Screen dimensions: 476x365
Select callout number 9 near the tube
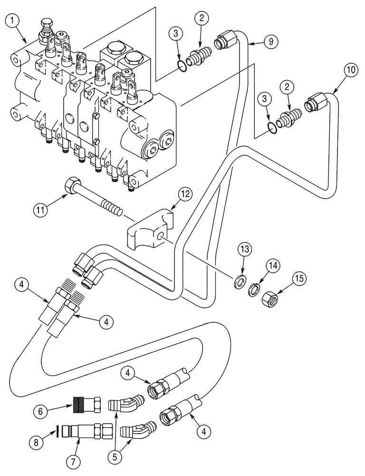tap(270, 41)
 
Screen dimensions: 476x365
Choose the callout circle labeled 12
tap(185, 193)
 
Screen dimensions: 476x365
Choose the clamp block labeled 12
tap(150, 230)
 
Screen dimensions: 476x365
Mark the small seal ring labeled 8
tap(58, 432)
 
